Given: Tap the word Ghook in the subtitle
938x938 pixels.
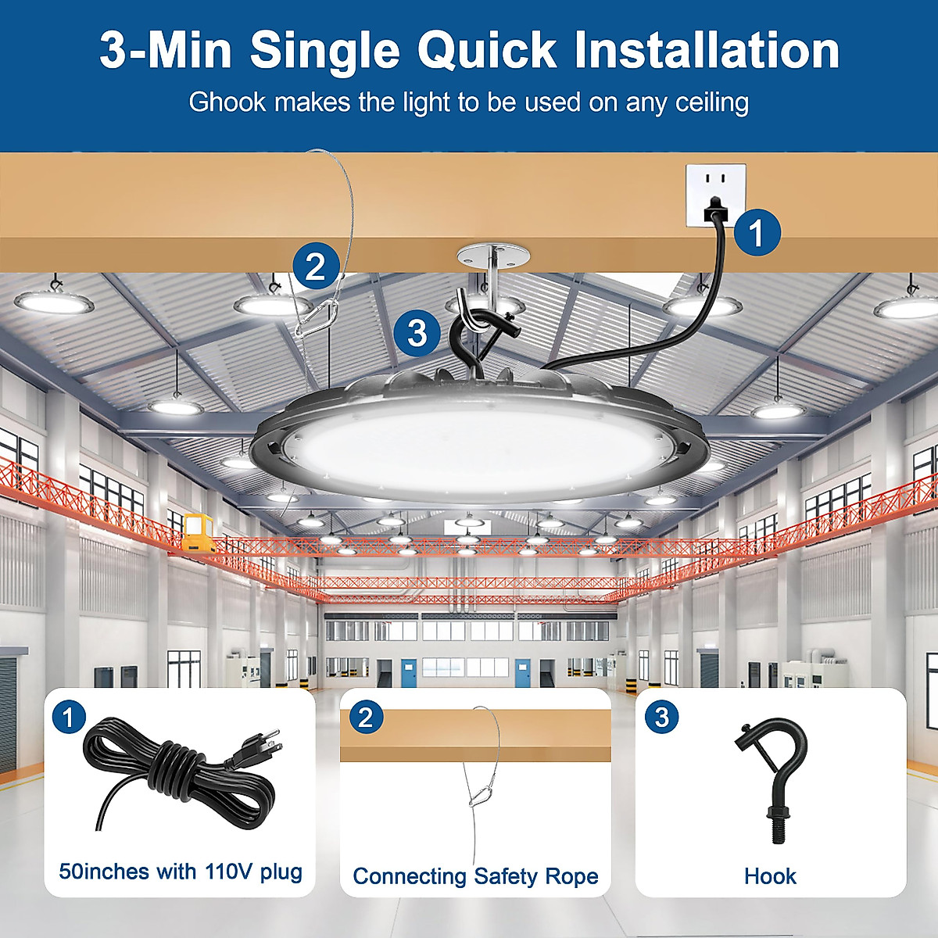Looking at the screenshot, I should point(227,102).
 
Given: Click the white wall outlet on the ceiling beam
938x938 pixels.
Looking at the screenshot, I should point(715,195).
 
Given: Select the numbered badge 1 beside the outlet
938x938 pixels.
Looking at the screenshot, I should point(756,233).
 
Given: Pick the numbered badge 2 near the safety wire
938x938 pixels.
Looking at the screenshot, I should point(316,267).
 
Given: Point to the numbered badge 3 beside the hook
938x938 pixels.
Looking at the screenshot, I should point(417,333).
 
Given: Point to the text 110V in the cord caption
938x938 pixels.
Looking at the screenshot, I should point(229,872).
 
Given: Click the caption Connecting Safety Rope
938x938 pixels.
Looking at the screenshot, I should point(475,876).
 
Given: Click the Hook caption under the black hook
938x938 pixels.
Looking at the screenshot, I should point(770,876).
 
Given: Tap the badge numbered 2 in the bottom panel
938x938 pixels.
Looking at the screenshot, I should point(365,717).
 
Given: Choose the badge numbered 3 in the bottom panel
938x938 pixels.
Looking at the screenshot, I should point(661,717).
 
